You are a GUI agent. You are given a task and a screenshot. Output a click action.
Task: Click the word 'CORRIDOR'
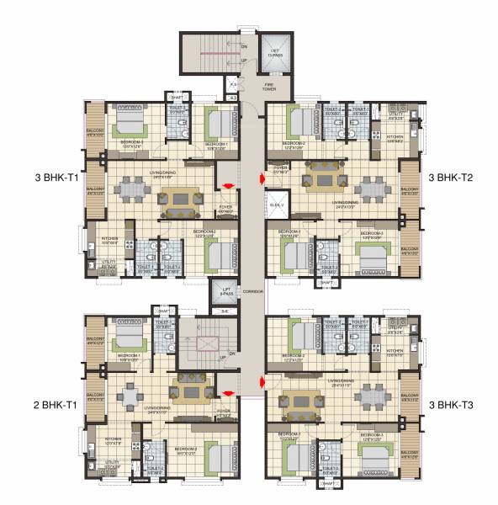(253, 291)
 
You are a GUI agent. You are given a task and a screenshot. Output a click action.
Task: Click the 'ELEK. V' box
(275, 205)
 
